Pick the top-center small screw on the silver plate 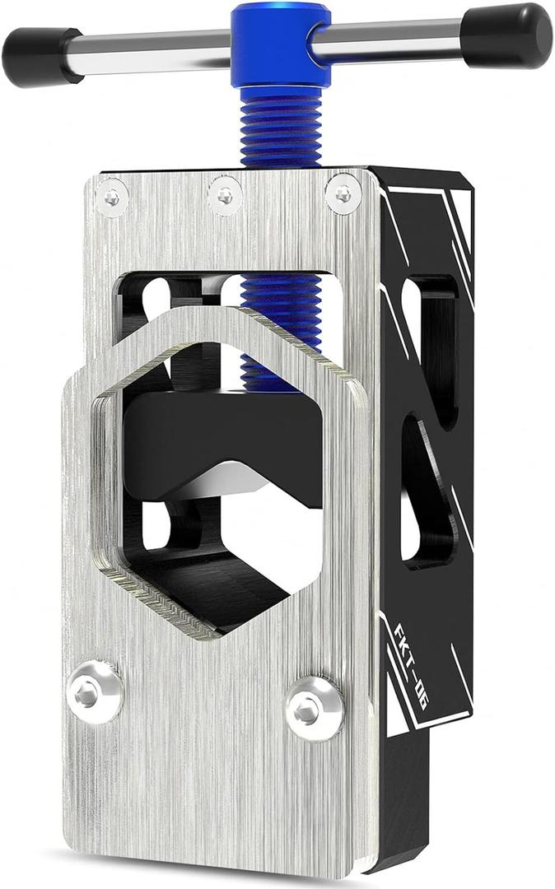pyautogui.click(x=225, y=195)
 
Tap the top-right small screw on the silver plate pyautogui.click(x=343, y=193)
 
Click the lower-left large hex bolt pyautogui.click(x=95, y=694)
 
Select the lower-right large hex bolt pyautogui.click(x=315, y=706)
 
